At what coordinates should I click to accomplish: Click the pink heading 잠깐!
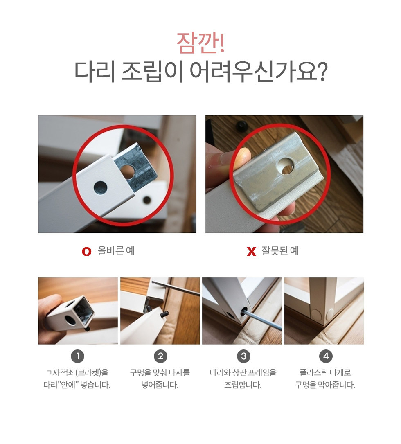(x=200, y=43)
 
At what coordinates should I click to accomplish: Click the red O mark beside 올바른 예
(x=87, y=251)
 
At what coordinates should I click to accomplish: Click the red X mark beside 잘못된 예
(x=252, y=251)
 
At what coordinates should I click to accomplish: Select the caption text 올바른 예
(x=116, y=251)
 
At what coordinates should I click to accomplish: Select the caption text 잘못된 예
(x=280, y=251)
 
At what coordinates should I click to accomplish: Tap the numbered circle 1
(x=78, y=356)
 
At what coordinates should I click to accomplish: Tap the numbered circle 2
(x=160, y=356)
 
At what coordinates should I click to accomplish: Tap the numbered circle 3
(x=243, y=356)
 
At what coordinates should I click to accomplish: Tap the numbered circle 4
(x=326, y=356)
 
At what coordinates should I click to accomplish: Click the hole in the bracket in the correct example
(x=128, y=171)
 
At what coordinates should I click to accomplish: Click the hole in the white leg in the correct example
(x=101, y=188)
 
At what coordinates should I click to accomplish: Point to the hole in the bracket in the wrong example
(x=286, y=166)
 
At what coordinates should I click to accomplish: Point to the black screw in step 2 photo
(x=165, y=314)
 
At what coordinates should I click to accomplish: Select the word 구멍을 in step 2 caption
(x=140, y=373)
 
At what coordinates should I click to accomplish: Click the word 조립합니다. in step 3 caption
(x=243, y=385)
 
